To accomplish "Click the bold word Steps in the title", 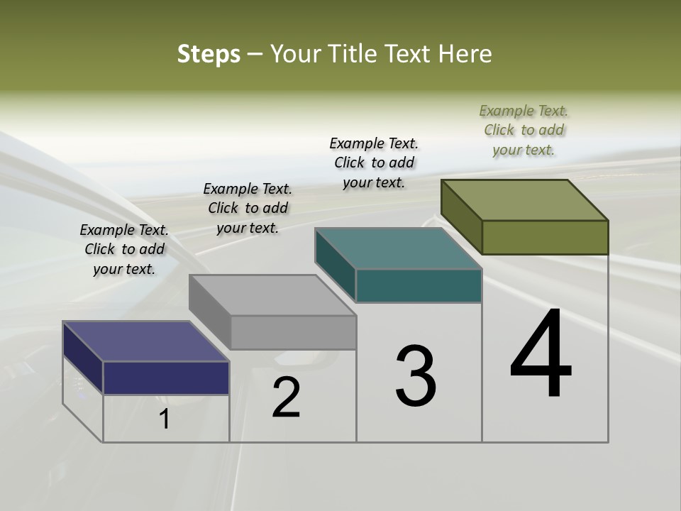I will click(x=209, y=54).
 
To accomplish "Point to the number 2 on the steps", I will click(x=287, y=397).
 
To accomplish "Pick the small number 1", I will click(x=165, y=419).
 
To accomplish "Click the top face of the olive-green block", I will click(x=525, y=199).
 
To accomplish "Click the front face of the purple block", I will click(x=166, y=378).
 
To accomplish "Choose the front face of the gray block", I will click(x=293, y=332).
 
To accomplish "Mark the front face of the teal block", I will click(x=419, y=285).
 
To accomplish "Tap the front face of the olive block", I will click(x=545, y=237).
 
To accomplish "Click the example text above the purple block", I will click(x=124, y=249).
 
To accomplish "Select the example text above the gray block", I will click(x=248, y=208).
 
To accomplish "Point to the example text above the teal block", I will click(x=374, y=163).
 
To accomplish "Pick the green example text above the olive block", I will click(x=524, y=130).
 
